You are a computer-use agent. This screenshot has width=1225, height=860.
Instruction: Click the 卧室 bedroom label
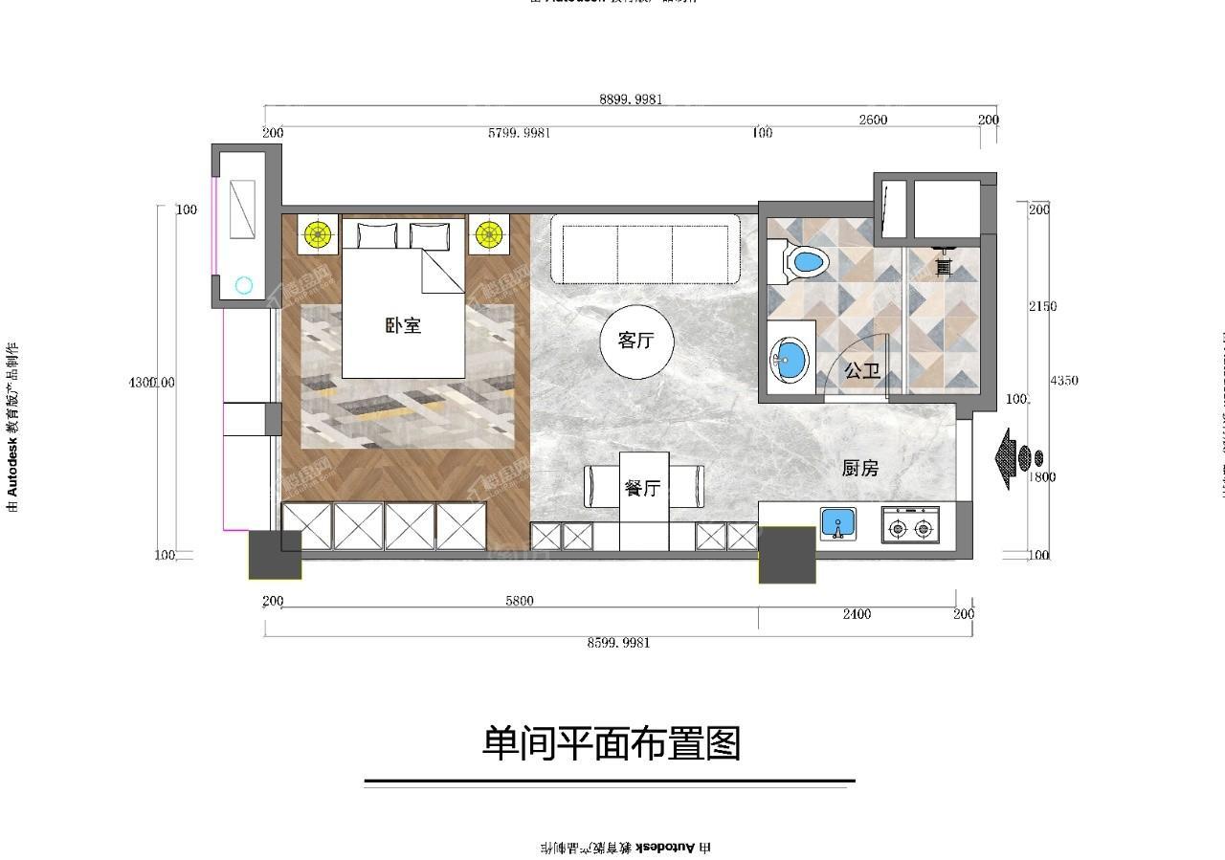pos(403,326)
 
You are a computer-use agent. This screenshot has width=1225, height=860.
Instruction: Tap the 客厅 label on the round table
pos(635,342)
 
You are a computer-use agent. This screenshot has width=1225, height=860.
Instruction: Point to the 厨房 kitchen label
pos(859,468)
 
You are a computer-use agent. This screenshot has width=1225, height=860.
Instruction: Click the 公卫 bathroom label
pos(862,371)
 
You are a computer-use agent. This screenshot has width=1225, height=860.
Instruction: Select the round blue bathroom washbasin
pos(790,361)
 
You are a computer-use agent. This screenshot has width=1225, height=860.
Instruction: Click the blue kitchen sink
pos(837,524)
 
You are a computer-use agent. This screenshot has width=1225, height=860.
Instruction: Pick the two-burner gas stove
pos(910,526)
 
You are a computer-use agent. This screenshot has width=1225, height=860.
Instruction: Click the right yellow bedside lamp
pos(489,233)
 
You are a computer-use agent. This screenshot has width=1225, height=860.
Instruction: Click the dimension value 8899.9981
pos(631,99)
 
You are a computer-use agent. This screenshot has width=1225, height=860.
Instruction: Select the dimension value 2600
pos(873,121)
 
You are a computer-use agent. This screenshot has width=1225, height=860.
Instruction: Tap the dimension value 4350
pos(1063,381)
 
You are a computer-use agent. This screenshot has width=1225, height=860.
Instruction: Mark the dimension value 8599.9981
pos(618,643)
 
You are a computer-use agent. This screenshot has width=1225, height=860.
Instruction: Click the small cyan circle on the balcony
pos(244,285)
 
